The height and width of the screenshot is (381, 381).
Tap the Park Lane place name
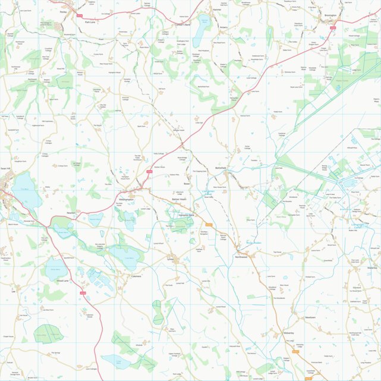coord(90,22)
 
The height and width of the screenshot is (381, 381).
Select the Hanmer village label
coord(216,10)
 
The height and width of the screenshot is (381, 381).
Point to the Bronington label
coord(330,15)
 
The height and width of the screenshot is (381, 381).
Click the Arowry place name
coord(223,27)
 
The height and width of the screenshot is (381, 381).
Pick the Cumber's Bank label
coord(182,25)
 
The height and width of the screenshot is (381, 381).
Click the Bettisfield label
coord(222,168)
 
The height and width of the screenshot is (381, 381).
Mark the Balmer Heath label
coord(179,199)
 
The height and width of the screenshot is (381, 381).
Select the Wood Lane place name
coord(62,280)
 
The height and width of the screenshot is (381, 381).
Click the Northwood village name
coord(241,257)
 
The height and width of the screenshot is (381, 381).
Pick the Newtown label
coord(310,317)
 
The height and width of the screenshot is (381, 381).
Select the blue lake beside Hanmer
coord(204,24)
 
